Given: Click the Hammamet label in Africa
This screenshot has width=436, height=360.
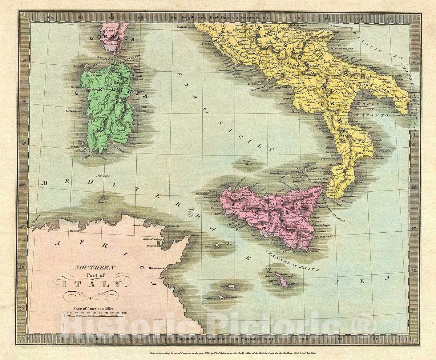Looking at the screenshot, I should point(156,268).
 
